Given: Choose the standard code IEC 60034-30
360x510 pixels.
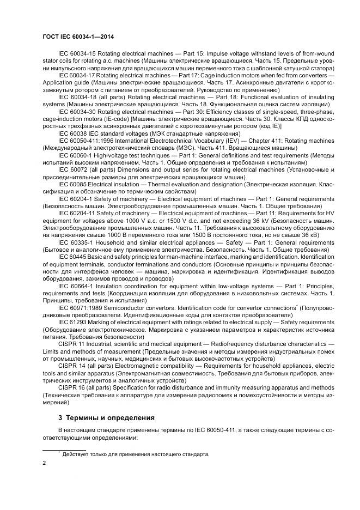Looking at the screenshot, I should (x=76, y=112).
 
